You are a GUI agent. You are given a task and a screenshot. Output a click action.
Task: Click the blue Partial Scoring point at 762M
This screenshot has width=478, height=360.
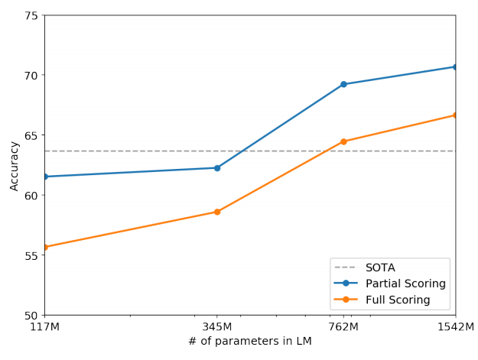pyautogui.click(x=343, y=84)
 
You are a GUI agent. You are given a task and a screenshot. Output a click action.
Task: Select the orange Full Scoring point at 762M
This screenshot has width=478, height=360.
pyautogui.click(x=343, y=141)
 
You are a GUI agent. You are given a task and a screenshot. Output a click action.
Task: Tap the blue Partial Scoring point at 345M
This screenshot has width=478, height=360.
pyautogui.click(x=217, y=167)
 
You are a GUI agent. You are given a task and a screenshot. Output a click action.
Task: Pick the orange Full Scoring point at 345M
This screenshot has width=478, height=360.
pyautogui.click(x=217, y=212)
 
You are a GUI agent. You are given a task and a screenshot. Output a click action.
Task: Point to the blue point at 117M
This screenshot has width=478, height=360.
pyautogui.click(x=45, y=177)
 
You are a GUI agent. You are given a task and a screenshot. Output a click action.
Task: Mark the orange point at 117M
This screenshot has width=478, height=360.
pyautogui.click(x=45, y=247)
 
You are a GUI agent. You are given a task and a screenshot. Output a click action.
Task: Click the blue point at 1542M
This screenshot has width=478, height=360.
pyautogui.click(x=455, y=66)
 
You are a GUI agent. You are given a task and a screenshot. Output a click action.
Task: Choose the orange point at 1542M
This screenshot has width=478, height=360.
pyautogui.click(x=455, y=115)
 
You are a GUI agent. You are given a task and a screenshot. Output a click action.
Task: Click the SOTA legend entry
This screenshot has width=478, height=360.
pyautogui.click(x=380, y=268)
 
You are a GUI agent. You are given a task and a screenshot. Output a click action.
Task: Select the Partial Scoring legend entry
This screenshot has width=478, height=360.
pyautogui.click(x=405, y=284)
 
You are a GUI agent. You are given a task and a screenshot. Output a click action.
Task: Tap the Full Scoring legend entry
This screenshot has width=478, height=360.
pyautogui.click(x=398, y=300)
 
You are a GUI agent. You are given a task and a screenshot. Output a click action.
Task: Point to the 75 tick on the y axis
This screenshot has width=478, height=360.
pyautogui.click(x=31, y=15)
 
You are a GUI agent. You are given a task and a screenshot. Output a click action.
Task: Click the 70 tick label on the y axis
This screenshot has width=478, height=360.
pyautogui.click(x=31, y=75)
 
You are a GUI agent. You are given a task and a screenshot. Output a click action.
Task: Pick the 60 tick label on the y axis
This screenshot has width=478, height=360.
pyautogui.click(x=31, y=195)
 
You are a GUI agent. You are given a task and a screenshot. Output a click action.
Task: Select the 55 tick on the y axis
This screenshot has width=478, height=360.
pyautogui.click(x=31, y=255)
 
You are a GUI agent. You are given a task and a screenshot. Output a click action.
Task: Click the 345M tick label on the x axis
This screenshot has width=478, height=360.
pyautogui.click(x=217, y=327)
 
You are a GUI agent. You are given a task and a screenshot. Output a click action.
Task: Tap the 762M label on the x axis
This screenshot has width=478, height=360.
pyautogui.click(x=343, y=327)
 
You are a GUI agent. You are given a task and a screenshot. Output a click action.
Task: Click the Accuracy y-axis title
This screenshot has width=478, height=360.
pyautogui.click(x=14, y=165)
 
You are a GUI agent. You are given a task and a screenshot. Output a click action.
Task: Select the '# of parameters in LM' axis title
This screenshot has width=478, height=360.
pyautogui.click(x=250, y=342)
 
